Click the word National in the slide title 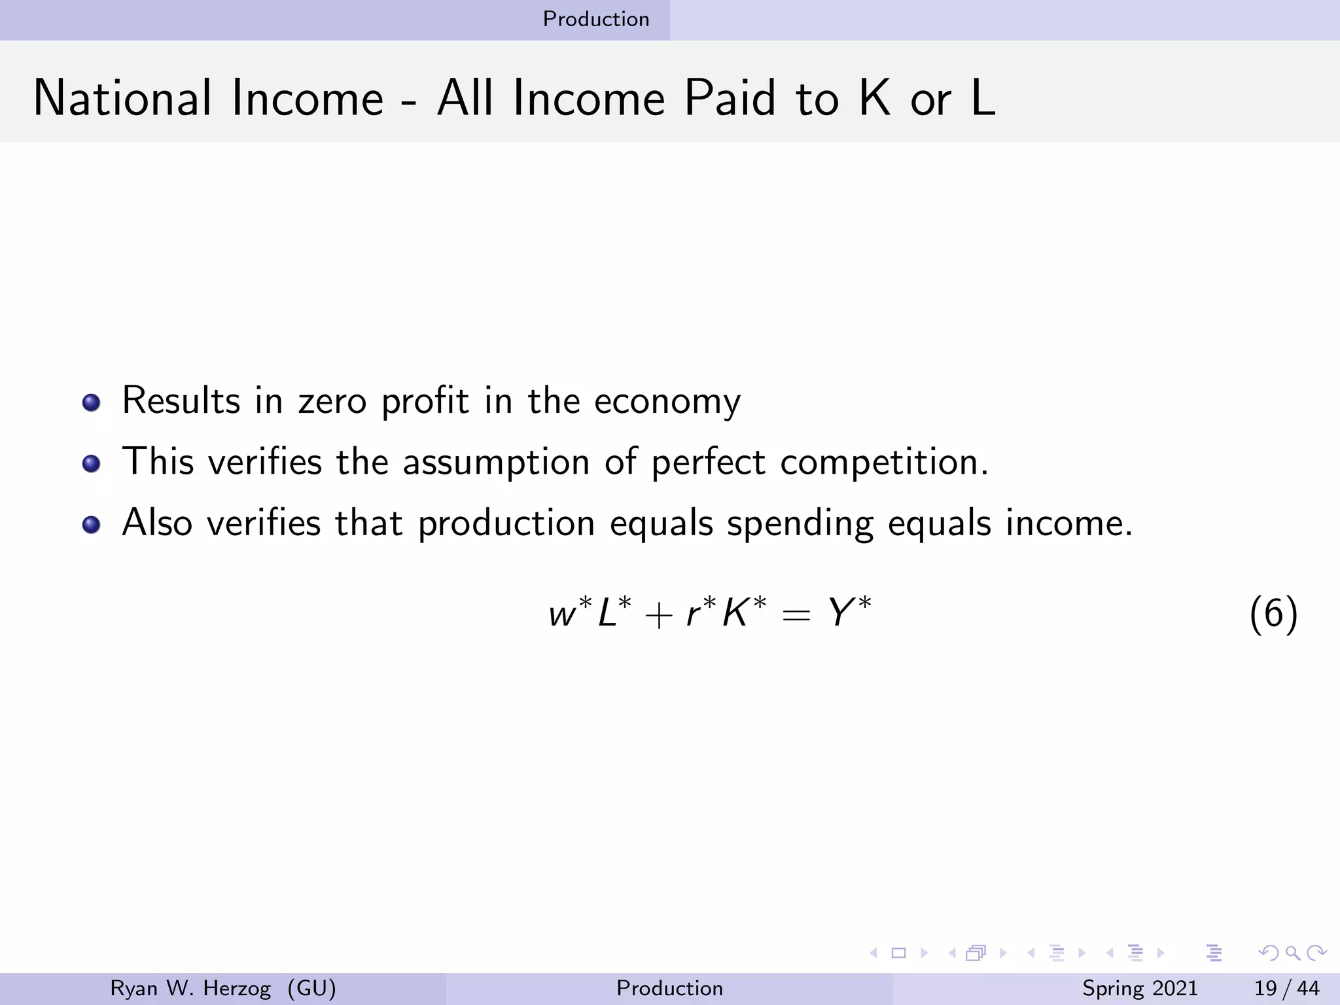[122, 98]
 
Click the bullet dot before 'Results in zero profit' [92, 402]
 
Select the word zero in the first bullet [332, 400]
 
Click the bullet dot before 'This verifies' [92, 464]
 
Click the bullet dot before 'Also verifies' [92, 525]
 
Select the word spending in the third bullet [800, 524]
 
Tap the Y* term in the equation [849, 613]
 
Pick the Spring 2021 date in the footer [1139, 988]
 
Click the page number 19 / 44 [1286, 988]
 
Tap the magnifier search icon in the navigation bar [1292, 953]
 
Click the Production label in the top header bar [596, 19]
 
